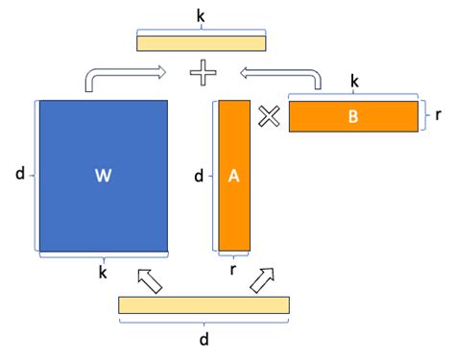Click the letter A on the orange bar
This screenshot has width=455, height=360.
point(234,176)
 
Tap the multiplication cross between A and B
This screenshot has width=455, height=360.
point(269,116)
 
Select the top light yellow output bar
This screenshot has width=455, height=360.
point(201,42)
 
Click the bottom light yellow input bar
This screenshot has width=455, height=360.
point(204,305)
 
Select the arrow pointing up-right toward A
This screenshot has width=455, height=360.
point(261,279)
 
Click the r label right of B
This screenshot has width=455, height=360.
point(438,115)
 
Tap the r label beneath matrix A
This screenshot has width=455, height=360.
point(234,271)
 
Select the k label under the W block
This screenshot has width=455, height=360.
point(103,274)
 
